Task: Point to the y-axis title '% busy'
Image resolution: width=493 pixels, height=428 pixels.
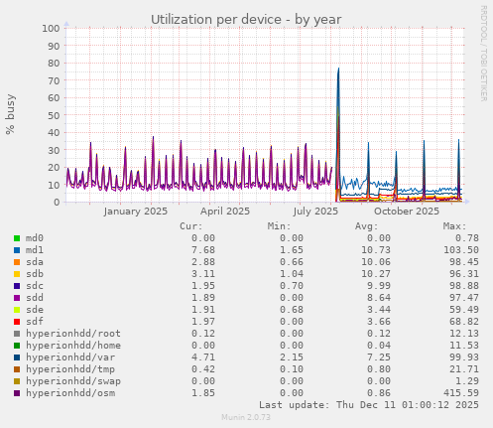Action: (11, 115)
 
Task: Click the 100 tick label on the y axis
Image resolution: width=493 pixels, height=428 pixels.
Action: (49, 28)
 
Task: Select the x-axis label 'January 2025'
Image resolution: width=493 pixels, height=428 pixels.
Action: (136, 211)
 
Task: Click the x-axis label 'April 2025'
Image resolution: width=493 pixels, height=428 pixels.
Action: (225, 211)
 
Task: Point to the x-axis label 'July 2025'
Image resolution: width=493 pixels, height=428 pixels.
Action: (315, 211)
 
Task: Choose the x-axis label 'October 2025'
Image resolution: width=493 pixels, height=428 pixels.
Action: (406, 211)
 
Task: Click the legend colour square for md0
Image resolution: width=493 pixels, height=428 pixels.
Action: (16, 238)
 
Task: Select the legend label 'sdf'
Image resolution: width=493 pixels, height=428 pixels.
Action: (34, 321)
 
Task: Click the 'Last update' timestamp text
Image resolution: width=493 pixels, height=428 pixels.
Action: (369, 404)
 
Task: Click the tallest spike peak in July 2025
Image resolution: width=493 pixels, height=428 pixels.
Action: (338, 69)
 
